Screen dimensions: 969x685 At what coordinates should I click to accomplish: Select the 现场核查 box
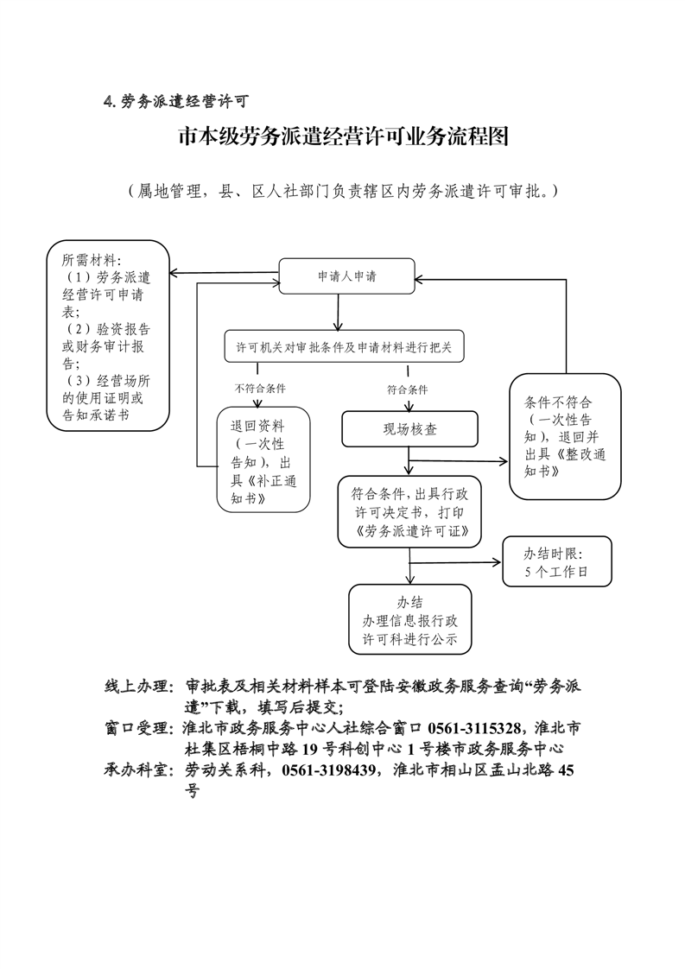(x=409, y=428)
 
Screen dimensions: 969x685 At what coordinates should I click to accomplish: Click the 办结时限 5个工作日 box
(x=556, y=562)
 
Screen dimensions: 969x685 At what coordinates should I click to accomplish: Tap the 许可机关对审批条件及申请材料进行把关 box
(x=344, y=348)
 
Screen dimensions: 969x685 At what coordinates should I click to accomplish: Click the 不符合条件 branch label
(x=260, y=389)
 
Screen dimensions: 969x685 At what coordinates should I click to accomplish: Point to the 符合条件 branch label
(x=408, y=389)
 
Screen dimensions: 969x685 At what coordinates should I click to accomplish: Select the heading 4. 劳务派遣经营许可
(x=176, y=102)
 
